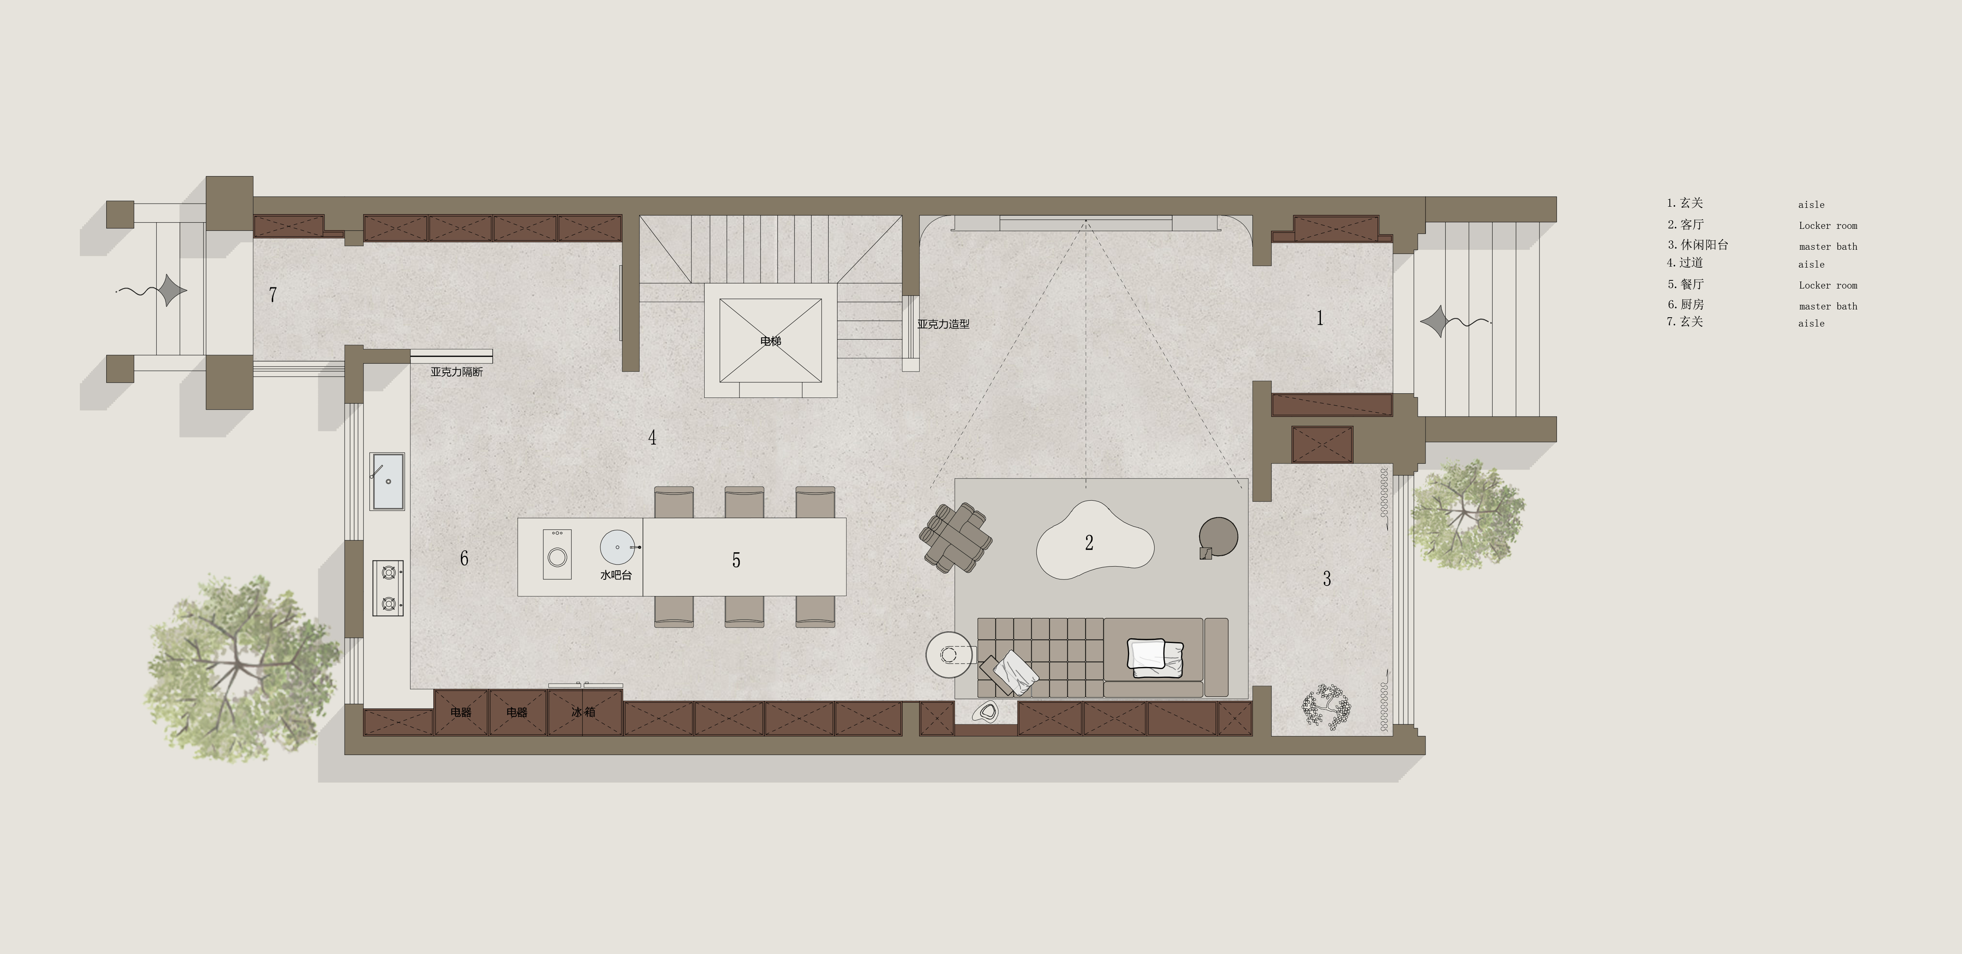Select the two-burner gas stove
tap(388, 588)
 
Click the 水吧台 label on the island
tap(616, 575)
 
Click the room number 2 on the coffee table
tap(1089, 543)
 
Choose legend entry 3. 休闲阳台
tap(1698, 245)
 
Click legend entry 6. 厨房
tap(1686, 304)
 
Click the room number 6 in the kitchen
tap(464, 558)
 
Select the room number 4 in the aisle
tap(652, 437)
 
